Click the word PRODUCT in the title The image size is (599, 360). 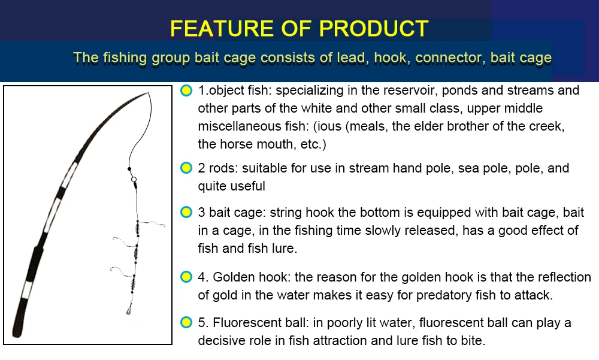[374, 28]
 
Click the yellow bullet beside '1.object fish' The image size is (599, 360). [186, 90]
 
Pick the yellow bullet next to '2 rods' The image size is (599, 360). [186, 168]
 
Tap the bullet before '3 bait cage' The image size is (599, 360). [186, 212]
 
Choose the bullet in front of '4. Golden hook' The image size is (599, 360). [186, 277]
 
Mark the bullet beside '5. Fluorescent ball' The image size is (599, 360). [186, 322]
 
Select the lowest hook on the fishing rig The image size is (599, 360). [121, 271]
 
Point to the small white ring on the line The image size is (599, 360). [134, 179]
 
